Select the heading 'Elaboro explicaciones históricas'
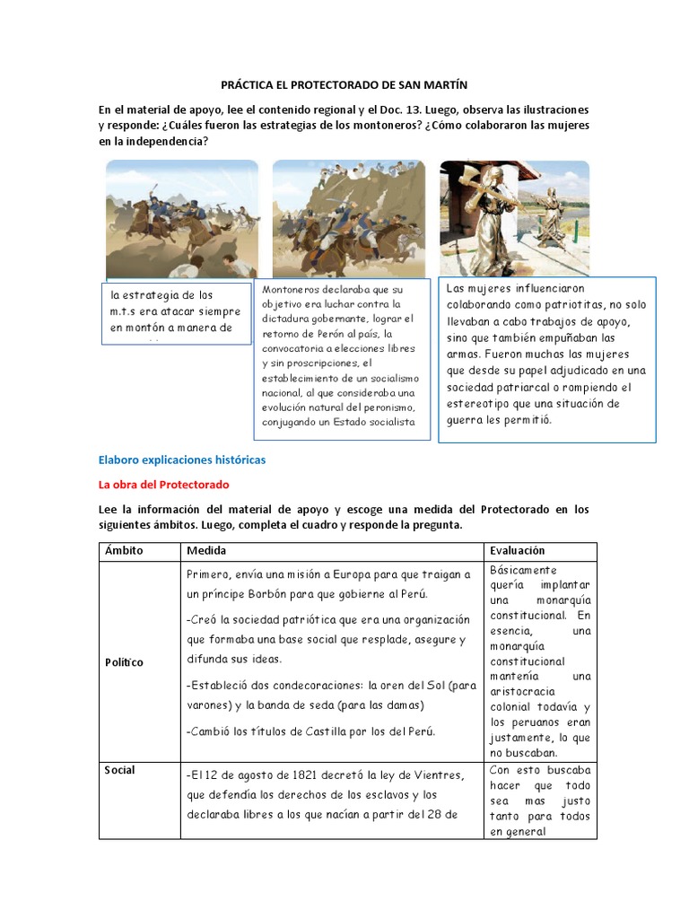[181, 459]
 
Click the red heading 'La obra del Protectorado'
[163, 485]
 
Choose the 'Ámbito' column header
[124, 551]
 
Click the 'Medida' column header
[206, 551]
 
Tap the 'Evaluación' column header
[518, 551]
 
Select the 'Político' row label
[124, 662]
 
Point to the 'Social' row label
[120, 770]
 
